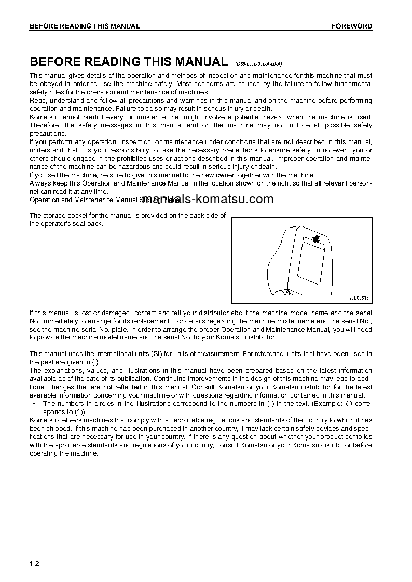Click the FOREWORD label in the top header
[x=352, y=26]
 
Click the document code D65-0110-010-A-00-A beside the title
[x=258, y=64]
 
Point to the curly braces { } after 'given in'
[x=95, y=362]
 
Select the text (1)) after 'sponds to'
[x=75, y=411]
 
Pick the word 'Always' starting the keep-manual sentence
[x=39, y=183]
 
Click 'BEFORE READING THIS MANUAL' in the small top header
[x=85, y=26]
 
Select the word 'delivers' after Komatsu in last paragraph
[x=70, y=420]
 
